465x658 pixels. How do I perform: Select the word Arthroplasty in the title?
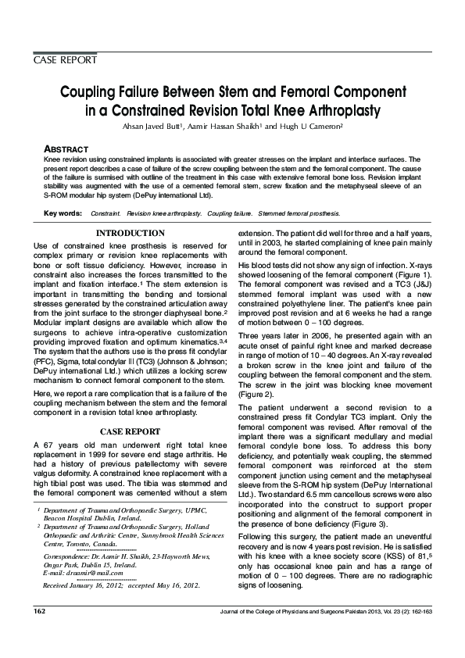point(338,109)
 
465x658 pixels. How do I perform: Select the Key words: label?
point(63,213)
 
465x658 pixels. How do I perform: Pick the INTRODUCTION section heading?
point(130,234)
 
